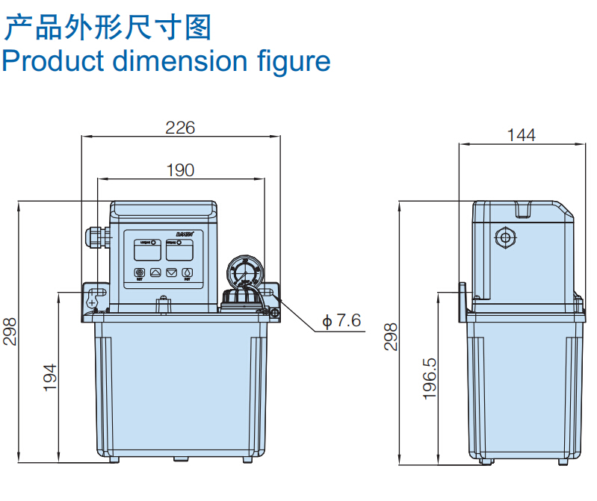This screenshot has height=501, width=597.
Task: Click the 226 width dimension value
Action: [x=179, y=128]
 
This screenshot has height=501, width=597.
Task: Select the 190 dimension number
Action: [x=179, y=170]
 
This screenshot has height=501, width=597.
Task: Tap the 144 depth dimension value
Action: [x=521, y=134]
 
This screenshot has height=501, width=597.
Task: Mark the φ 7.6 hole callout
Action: [x=341, y=321]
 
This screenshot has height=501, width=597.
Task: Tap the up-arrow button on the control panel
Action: [x=156, y=273]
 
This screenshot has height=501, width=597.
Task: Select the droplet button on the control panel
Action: [x=188, y=273]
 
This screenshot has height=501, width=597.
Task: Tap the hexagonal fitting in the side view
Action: [x=506, y=239]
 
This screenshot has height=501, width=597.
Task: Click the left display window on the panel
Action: [x=146, y=249]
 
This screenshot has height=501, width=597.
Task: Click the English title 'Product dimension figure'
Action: [x=166, y=60]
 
